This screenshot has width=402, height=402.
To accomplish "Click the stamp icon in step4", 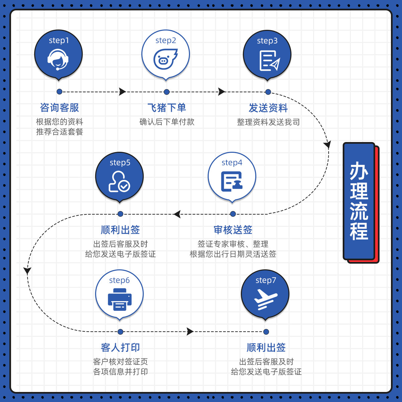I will click(232, 181).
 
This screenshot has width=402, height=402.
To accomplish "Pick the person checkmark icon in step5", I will click(119, 182).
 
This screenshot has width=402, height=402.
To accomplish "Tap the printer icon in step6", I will click(120, 300).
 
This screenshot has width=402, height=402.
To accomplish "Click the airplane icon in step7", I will click(266, 298).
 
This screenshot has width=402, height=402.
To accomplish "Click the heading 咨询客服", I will click(59, 108).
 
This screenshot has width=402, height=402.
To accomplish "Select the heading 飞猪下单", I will click(166, 108).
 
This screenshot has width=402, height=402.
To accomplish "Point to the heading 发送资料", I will click(268, 108).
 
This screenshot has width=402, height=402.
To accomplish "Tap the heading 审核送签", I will click(233, 230).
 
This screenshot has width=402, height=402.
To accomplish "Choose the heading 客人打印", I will click(120, 347).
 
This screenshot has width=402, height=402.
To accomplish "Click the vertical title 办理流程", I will click(359, 201).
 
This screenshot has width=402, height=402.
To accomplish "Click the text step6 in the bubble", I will click(119, 280).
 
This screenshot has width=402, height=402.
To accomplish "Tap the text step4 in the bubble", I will click(232, 162).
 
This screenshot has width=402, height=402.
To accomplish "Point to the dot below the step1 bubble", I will click(59, 92).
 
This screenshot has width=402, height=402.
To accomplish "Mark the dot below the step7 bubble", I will click(266, 332).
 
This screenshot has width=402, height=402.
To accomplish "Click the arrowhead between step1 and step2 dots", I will click(123, 92).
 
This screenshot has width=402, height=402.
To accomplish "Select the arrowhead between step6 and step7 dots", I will click(190, 332).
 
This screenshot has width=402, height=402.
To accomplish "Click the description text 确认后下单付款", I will click(166, 122).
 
